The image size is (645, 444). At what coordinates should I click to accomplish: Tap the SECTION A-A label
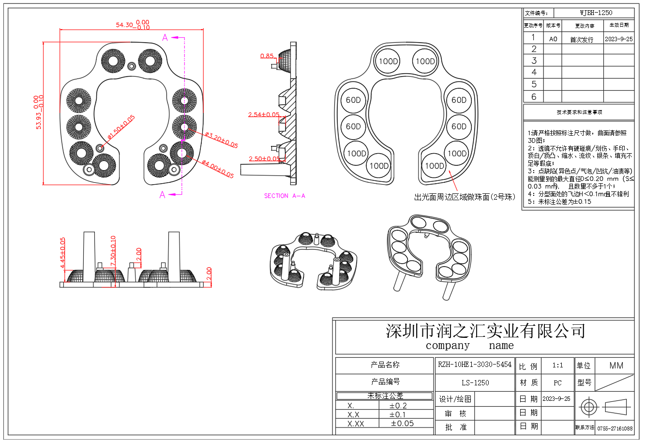point(285,196)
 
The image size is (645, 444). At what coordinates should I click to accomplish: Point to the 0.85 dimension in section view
point(267,56)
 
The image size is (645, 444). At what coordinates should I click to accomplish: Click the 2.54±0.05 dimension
point(264,115)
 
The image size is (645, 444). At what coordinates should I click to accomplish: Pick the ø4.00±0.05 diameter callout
point(218,169)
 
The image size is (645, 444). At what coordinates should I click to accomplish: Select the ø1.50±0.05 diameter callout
point(121,127)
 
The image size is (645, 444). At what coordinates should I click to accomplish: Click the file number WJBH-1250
point(596,13)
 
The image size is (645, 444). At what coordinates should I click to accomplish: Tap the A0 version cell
point(553,39)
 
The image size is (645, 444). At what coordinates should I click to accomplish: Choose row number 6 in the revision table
point(534,97)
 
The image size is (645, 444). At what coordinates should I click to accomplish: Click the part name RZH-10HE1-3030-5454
point(474,365)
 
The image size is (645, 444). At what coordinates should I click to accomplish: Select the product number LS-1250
point(475,382)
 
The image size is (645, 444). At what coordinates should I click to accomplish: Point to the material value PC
point(557,383)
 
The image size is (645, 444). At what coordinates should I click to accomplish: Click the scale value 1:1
point(557,365)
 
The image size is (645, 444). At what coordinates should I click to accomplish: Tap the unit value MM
point(616,365)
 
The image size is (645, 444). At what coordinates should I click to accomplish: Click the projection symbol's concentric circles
point(588,407)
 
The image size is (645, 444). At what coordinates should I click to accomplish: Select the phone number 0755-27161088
point(615,428)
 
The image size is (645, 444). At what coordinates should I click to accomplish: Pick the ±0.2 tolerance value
point(398,406)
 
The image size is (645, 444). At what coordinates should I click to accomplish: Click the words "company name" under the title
point(469,346)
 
